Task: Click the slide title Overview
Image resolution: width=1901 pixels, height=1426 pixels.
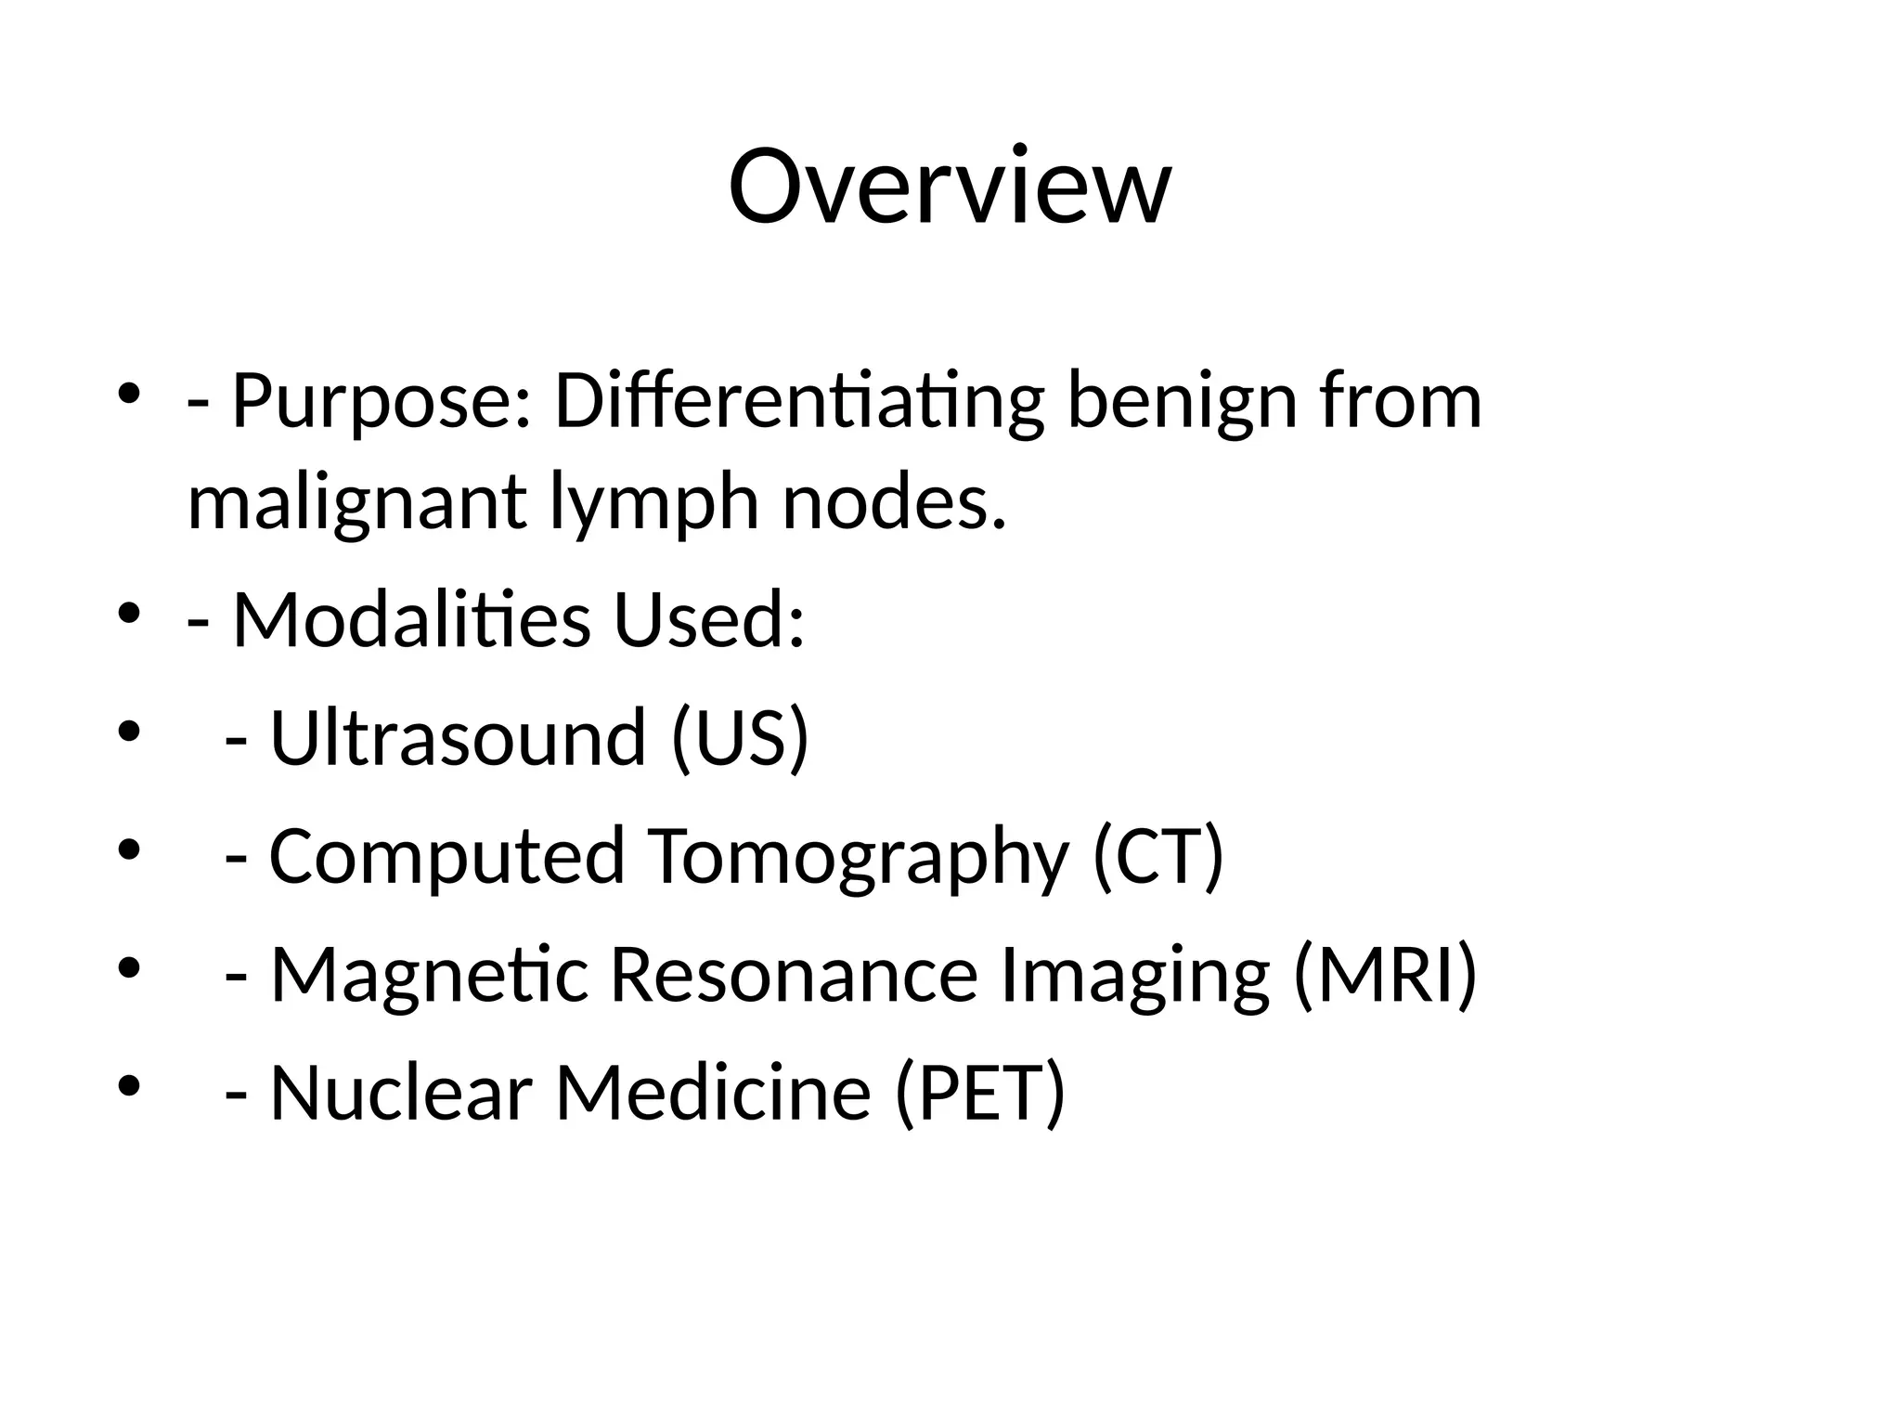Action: (x=949, y=187)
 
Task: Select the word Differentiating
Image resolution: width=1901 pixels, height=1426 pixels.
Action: (x=799, y=402)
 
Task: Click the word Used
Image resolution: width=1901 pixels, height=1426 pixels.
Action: (x=708, y=619)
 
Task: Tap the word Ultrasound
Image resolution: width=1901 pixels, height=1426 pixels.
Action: (x=458, y=737)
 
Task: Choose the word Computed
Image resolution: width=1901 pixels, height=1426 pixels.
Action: (x=446, y=855)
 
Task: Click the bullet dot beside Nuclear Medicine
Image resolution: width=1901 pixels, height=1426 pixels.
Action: (x=129, y=1085)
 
